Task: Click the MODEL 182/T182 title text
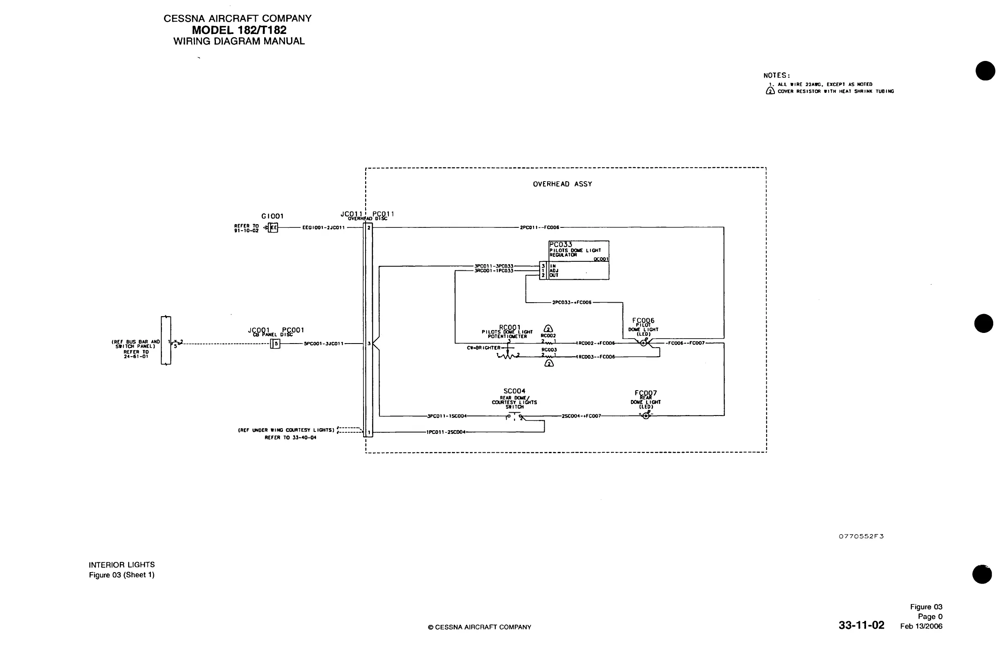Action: [239, 30]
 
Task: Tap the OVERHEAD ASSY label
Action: [563, 184]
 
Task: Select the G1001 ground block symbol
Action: [273, 228]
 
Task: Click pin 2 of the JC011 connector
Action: [369, 227]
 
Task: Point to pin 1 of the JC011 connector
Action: [369, 432]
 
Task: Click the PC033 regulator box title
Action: [560, 245]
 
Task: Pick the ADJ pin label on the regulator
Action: [554, 271]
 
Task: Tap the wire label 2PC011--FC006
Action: [539, 227]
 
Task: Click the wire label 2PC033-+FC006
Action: [572, 303]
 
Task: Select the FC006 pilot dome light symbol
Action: [644, 343]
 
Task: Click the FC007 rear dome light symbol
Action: [646, 416]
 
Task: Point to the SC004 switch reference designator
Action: [514, 391]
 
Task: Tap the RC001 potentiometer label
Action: [509, 327]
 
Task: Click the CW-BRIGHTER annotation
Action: [483, 348]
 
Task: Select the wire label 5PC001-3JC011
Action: [323, 344]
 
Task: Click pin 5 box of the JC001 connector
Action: [276, 344]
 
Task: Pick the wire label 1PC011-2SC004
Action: [446, 432]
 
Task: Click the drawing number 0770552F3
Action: [861, 536]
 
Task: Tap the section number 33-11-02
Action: [861, 625]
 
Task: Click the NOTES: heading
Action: [777, 76]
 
